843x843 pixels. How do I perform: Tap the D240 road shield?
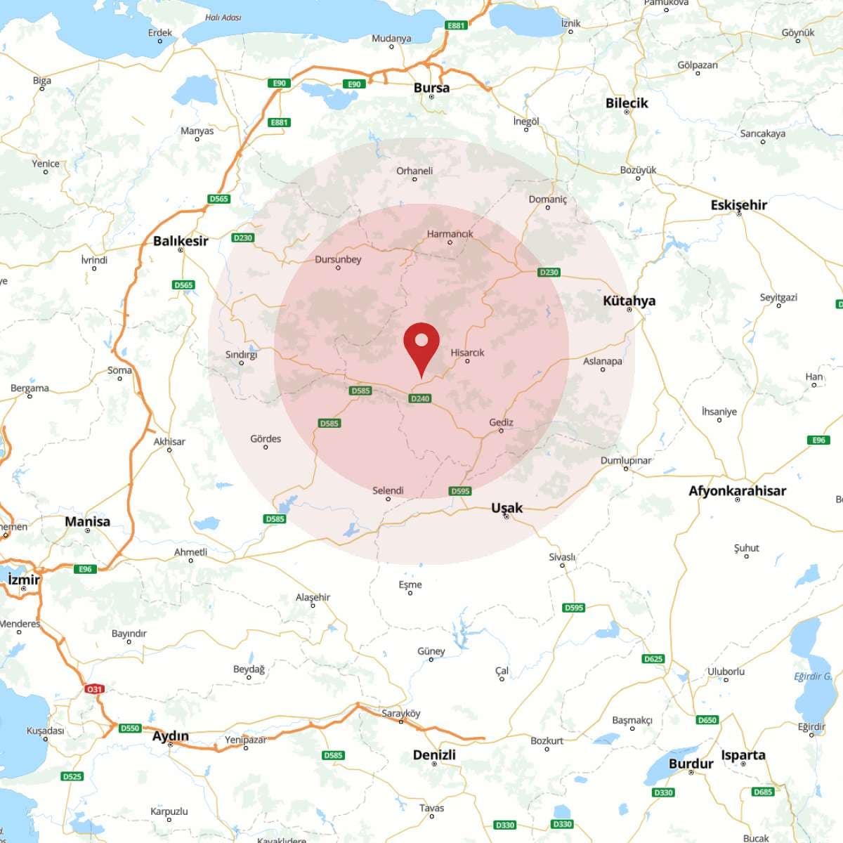(420, 398)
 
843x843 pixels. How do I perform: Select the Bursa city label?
(431, 88)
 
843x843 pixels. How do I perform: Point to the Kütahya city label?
(629, 301)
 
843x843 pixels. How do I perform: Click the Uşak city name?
(507, 507)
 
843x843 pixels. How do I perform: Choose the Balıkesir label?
(181, 241)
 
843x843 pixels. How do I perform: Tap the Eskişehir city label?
(738, 205)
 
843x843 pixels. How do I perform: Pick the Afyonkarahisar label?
(737, 491)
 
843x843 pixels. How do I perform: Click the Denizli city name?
(434, 754)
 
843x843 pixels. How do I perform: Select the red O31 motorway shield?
(95, 689)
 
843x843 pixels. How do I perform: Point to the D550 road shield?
(130, 728)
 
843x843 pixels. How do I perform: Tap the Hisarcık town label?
(468, 353)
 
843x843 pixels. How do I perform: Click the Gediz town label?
(501, 422)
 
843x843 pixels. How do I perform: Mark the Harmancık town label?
(450, 234)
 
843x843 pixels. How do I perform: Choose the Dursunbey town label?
(338, 259)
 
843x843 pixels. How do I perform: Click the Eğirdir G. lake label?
(813, 677)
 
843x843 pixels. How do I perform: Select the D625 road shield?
(653, 659)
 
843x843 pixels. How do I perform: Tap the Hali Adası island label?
(223, 18)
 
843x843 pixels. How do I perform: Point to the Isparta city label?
(743, 755)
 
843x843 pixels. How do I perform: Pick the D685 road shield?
(763, 792)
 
